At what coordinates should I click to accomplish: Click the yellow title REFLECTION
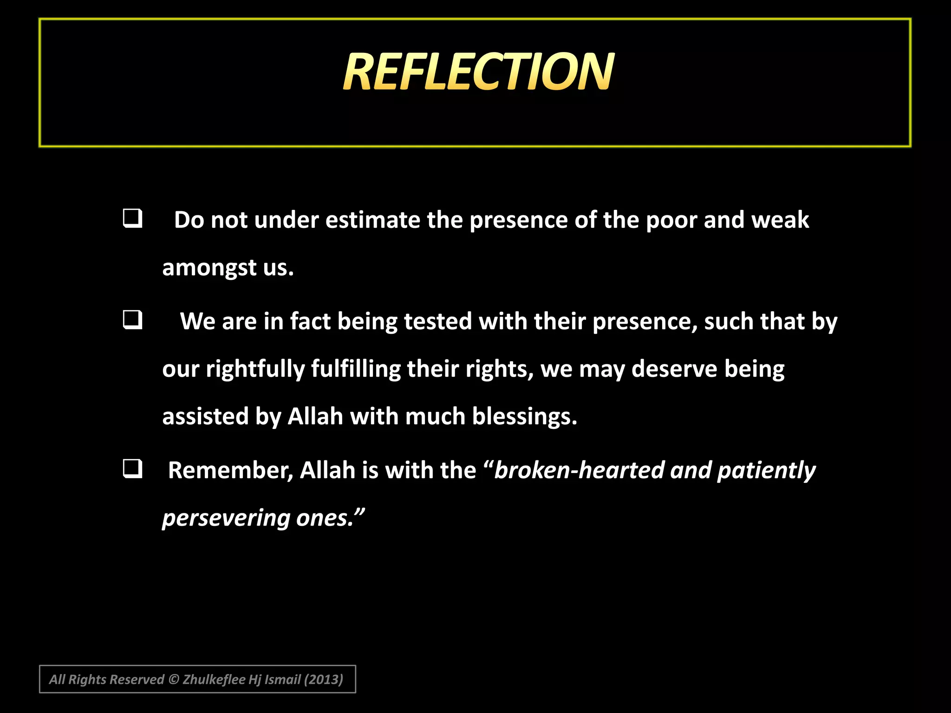[478, 71]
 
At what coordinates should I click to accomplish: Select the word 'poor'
[671, 220]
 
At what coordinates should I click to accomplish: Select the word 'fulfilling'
[356, 369]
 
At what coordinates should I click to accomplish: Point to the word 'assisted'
[205, 416]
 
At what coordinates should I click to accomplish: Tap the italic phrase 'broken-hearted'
[579, 470]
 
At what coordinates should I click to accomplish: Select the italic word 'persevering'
[226, 518]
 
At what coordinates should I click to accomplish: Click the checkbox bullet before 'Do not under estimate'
[132, 218]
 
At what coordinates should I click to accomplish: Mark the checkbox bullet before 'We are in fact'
[132, 320]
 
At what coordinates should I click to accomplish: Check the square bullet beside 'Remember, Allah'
[132, 469]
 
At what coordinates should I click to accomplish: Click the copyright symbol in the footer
[173, 680]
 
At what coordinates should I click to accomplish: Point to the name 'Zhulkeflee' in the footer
[214, 680]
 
